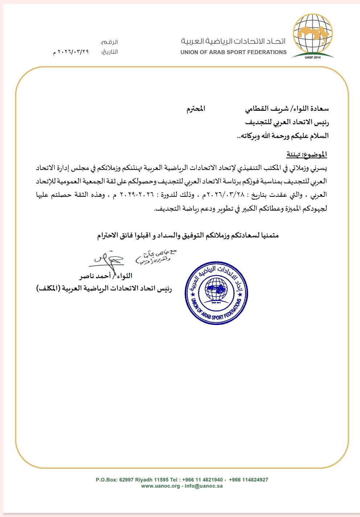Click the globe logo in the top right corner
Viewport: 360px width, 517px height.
click(x=313, y=35)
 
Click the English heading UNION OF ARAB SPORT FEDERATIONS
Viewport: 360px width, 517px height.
click(x=233, y=52)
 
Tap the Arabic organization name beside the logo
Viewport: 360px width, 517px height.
click(x=233, y=41)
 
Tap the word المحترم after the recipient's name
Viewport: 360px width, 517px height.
click(x=196, y=109)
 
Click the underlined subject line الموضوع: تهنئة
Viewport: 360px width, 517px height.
click(x=307, y=155)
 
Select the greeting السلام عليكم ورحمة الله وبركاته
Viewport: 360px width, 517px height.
click(x=283, y=136)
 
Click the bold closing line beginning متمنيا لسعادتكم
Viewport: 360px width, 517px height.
click(x=188, y=236)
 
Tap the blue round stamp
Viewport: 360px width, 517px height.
click(x=217, y=293)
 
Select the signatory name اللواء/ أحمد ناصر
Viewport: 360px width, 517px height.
click(x=106, y=276)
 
